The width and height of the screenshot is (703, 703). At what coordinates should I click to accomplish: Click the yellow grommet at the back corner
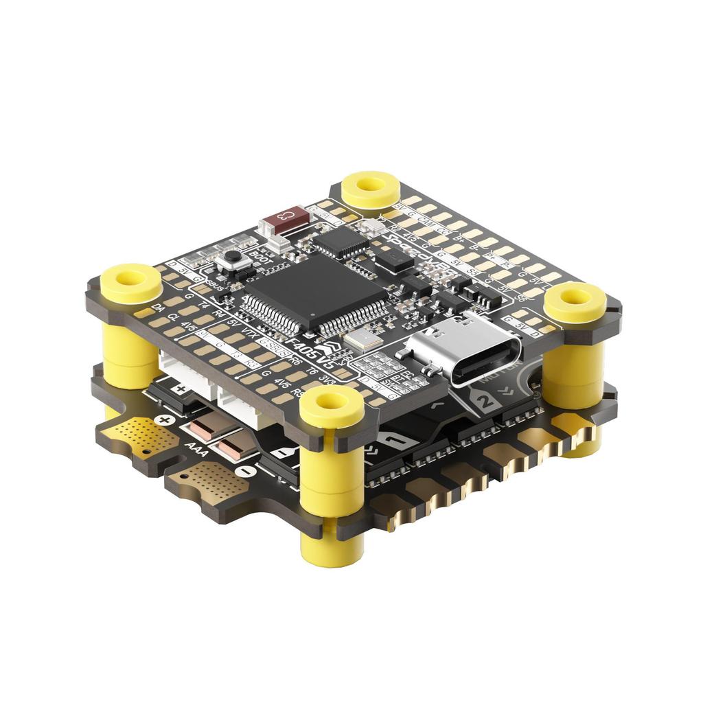(371, 187)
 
